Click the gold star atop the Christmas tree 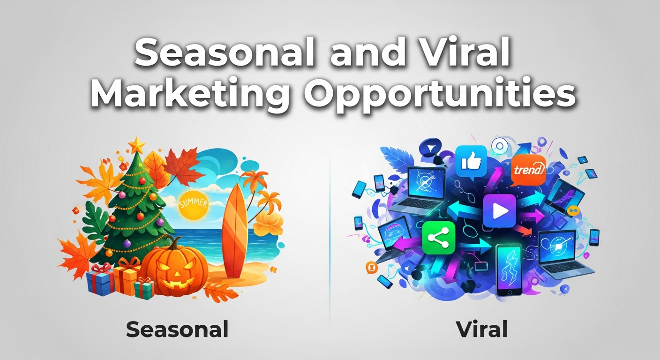pos(137,145)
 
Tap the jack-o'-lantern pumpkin pos(175,270)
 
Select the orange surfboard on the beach pos(234,230)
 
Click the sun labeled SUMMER pos(193,205)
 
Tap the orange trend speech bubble pos(528,170)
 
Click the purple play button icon pos(500,210)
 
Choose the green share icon pos(439,238)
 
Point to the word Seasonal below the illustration pos(177,330)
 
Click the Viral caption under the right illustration pos(482,330)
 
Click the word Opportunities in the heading pos(440,94)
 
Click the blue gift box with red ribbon pos(100,280)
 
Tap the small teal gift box pos(144,289)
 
